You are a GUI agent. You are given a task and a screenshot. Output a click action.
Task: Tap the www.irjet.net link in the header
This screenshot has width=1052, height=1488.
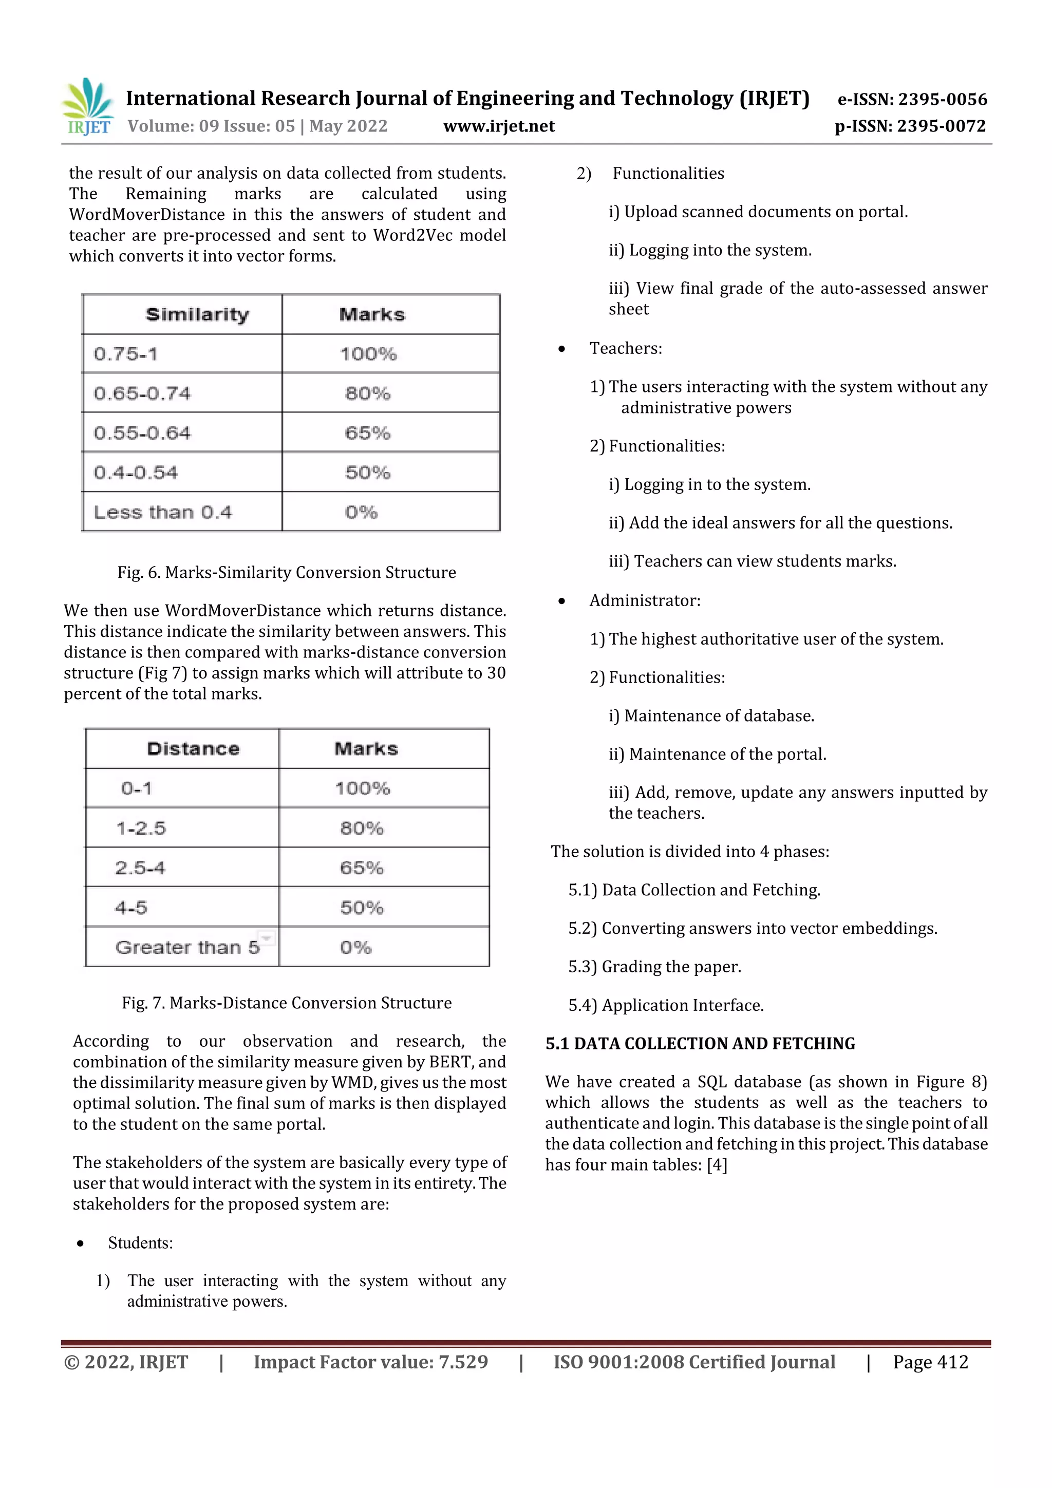[499, 126]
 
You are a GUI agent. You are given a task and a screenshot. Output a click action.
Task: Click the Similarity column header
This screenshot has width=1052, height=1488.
[197, 315]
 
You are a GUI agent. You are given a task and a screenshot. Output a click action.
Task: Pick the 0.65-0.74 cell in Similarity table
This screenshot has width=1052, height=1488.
[143, 393]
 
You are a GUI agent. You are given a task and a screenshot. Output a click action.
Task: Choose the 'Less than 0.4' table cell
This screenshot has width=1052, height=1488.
[163, 513]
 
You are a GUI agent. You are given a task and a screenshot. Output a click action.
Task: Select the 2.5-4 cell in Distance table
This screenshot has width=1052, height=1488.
[140, 868]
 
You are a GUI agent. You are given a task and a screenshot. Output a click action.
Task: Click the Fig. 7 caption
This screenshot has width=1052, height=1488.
[287, 1003]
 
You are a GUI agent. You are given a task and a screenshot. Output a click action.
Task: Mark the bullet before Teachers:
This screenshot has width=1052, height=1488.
[561, 349]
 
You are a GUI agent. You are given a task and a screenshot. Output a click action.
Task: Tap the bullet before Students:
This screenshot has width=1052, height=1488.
[80, 1243]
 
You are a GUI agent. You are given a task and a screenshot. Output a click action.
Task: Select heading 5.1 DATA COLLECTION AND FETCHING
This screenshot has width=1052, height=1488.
[700, 1043]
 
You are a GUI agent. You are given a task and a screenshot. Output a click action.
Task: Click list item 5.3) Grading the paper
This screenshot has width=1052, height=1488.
[654, 967]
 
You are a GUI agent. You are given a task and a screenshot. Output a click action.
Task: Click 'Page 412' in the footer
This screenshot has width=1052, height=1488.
[930, 1362]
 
